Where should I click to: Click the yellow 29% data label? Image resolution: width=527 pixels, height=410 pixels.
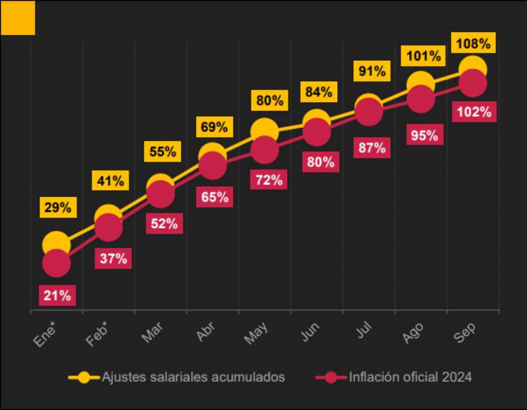[57, 208]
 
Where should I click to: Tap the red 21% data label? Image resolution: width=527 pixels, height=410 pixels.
[57, 295]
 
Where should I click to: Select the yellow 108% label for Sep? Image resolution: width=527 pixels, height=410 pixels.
[472, 44]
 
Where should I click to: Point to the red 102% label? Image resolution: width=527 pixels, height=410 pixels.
[474, 111]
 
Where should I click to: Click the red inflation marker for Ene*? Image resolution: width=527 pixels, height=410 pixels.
[56, 264]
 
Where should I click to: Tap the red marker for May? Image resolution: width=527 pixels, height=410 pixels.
[264, 150]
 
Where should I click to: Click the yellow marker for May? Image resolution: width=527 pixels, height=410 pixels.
[264, 131]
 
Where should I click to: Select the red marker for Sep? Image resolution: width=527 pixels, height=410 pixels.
[472, 84]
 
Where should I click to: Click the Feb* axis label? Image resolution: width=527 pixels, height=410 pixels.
[99, 336]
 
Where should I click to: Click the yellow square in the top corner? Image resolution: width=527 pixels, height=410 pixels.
[18, 18]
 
